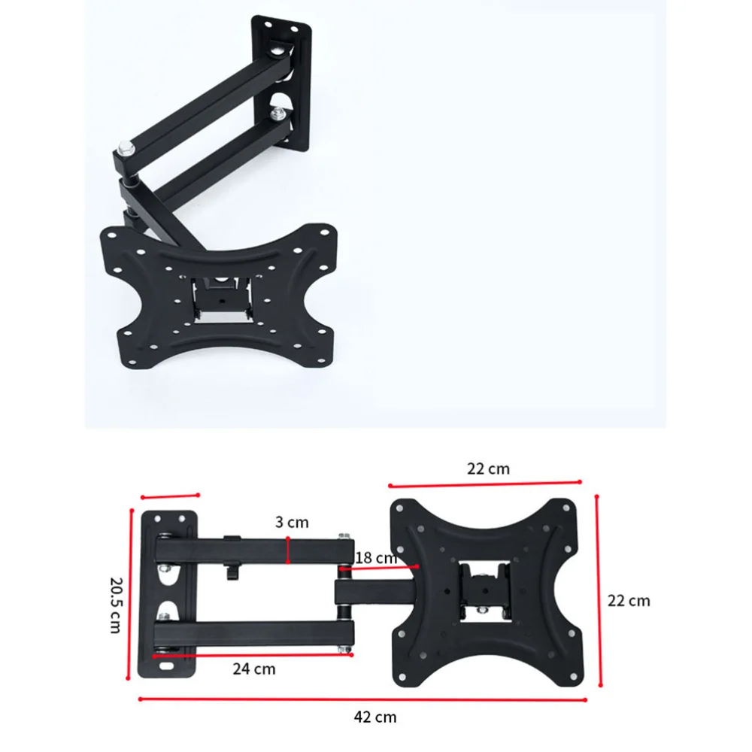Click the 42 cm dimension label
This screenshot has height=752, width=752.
tap(375, 717)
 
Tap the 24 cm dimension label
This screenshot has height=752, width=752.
tap(254, 669)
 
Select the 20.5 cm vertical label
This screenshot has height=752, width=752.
tap(116, 605)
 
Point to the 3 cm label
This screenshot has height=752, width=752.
tap(292, 522)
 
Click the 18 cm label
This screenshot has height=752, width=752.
tap(376, 558)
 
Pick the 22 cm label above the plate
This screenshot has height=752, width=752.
tap(488, 468)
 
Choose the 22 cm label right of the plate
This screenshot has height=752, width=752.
tap(629, 600)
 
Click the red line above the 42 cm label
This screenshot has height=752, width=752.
tap(362, 699)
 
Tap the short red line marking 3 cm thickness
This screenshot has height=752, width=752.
tap(288, 550)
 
